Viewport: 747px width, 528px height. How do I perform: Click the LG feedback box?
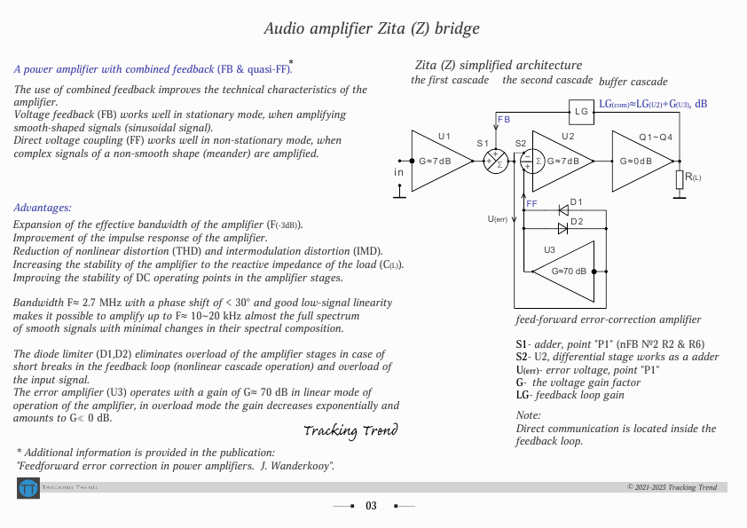581,111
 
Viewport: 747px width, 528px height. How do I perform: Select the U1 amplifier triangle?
435,162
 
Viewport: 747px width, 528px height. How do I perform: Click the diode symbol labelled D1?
563,211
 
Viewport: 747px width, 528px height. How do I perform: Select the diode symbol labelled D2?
563,229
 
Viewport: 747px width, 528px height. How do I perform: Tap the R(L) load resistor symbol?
680,178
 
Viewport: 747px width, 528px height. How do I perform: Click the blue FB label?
504,119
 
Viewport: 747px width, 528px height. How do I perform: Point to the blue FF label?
531,204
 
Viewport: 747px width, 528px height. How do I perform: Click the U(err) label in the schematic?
498,219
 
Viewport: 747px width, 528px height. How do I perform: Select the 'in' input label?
398,171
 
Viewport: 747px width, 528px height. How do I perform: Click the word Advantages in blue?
42,208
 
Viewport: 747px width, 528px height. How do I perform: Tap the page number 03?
371,506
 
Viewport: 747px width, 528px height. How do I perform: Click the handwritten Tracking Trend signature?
350,431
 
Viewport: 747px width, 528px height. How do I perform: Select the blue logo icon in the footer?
28,488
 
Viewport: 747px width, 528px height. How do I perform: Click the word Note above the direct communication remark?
528,415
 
